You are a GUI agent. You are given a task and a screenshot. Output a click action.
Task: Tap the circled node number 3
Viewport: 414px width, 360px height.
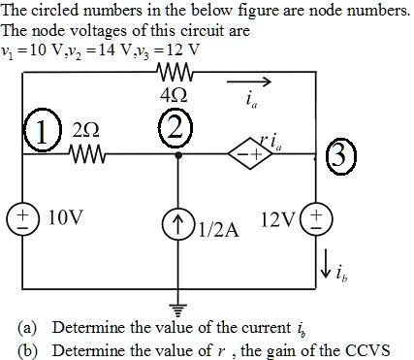pos(342,156)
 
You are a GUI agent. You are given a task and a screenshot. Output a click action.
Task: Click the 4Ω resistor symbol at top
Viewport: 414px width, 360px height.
pos(177,74)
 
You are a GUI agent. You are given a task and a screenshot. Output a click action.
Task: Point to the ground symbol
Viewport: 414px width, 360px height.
pos(177,308)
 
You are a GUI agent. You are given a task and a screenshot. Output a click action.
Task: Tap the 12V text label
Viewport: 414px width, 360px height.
pos(277,217)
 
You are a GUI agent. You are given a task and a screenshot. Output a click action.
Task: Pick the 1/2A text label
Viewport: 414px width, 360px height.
pos(217,232)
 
